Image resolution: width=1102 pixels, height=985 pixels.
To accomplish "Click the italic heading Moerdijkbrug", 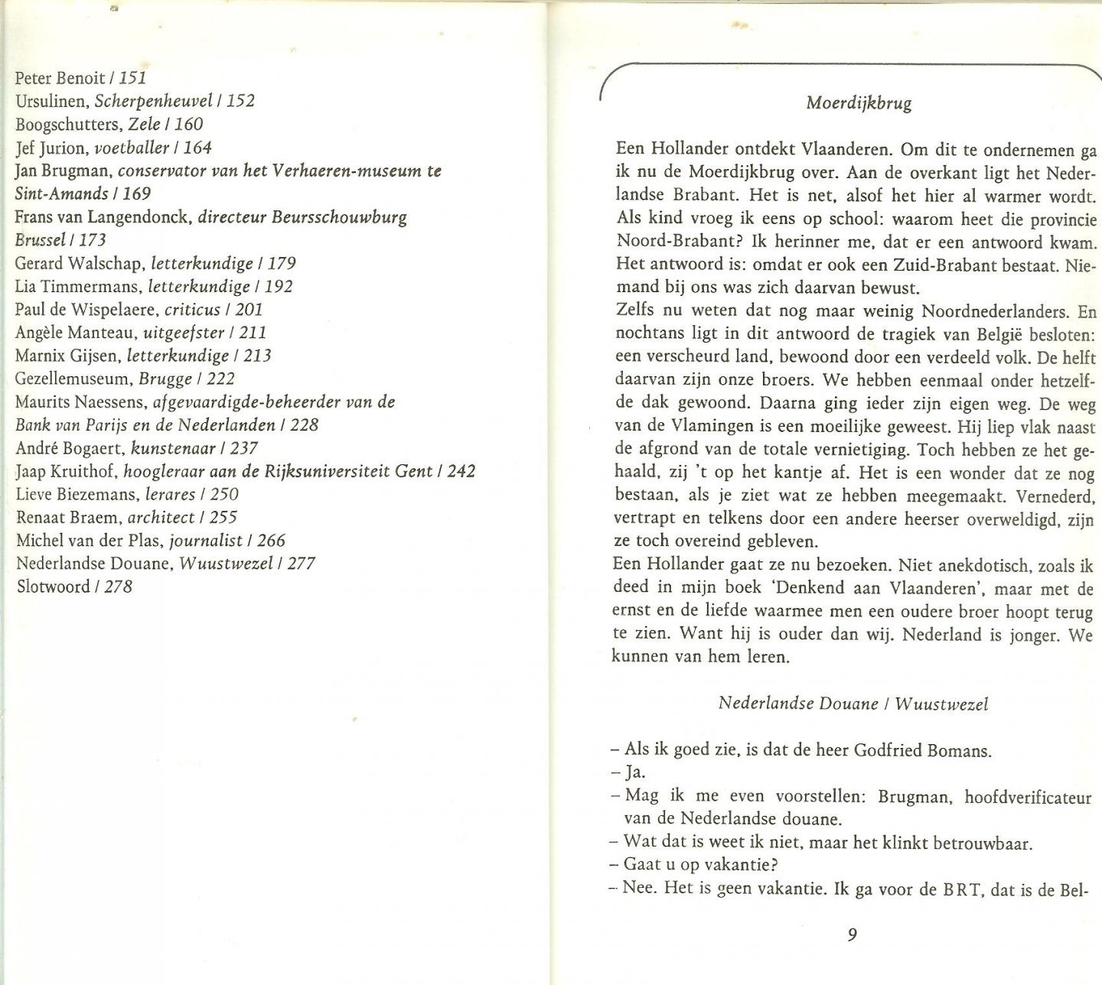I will [859, 102].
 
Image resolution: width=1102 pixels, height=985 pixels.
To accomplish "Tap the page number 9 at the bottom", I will [853, 935].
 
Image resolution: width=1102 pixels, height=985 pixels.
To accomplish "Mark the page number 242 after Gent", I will [461, 471].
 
